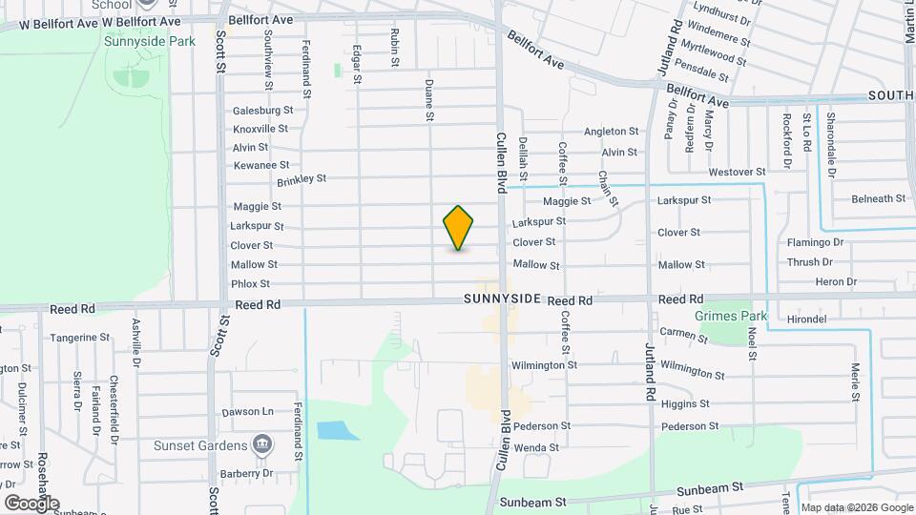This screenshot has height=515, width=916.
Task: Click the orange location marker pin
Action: pyautogui.click(x=459, y=228)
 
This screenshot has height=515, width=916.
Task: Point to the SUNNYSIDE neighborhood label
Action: pyautogui.click(x=503, y=299)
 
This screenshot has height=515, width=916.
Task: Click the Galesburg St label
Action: pyautogui.click(x=262, y=111)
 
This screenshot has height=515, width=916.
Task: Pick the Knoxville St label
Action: pyautogui.click(x=260, y=129)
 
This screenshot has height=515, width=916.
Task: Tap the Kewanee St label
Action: pyautogui.click(x=260, y=166)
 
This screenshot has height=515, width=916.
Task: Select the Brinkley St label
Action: pyautogui.click(x=302, y=179)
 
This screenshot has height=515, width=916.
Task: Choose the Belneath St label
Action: pyautogui.click(x=879, y=198)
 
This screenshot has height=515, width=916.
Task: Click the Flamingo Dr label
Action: pyautogui.click(x=815, y=242)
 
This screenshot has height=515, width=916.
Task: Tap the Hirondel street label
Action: pyautogui.click(x=807, y=319)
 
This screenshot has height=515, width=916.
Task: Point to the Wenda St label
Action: pyautogui.click(x=535, y=447)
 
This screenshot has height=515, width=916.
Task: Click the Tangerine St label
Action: pyautogui.click(x=80, y=338)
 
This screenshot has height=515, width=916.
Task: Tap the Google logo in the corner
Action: pyautogui.click(x=31, y=503)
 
